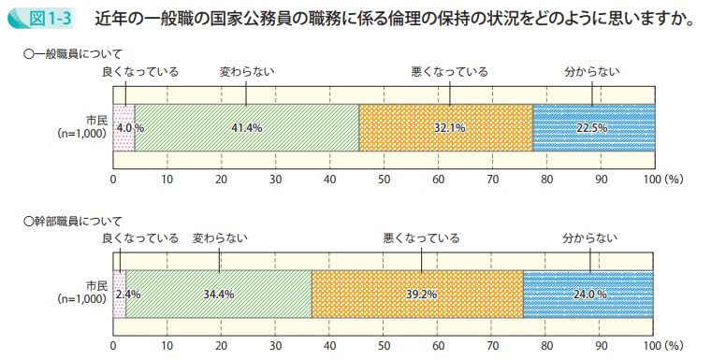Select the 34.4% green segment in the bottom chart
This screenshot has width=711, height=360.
[219, 294]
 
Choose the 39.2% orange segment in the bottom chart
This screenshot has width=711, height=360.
[417, 294]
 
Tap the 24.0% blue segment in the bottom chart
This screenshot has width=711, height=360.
[589, 294]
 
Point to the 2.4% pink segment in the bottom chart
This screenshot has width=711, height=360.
[119, 294]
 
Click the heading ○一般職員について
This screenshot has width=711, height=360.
[72, 55]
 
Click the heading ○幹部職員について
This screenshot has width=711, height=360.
[72, 222]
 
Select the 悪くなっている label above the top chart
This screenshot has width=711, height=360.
[449, 71]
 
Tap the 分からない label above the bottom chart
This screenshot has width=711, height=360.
[589, 238]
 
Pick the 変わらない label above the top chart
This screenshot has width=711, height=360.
[247, 71]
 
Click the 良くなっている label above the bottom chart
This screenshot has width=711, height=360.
[140, 238]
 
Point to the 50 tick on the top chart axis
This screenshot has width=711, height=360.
[384, 179]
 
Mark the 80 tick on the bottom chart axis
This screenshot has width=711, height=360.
[546, 345]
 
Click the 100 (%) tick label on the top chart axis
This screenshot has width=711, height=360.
[663, 179]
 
